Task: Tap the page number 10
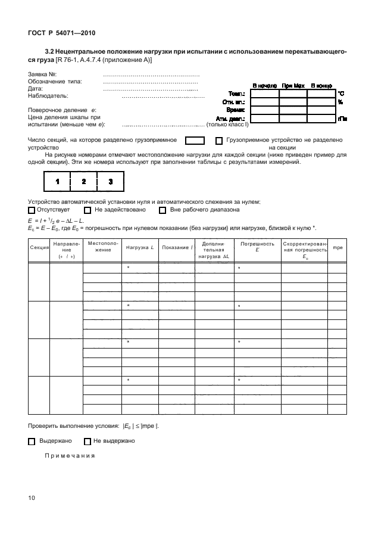pos(32,498)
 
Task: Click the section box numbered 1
pos(58,181)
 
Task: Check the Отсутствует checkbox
pos(32,210)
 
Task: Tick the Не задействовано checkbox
pos(87,210)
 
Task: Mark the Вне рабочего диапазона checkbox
pos(162,210)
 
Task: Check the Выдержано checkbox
pos(32,442)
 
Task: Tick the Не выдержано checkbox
pos(87,442)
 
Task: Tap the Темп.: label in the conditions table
pos(238,94)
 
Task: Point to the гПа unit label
pos(342,119)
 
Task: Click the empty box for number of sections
pos(195,141)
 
